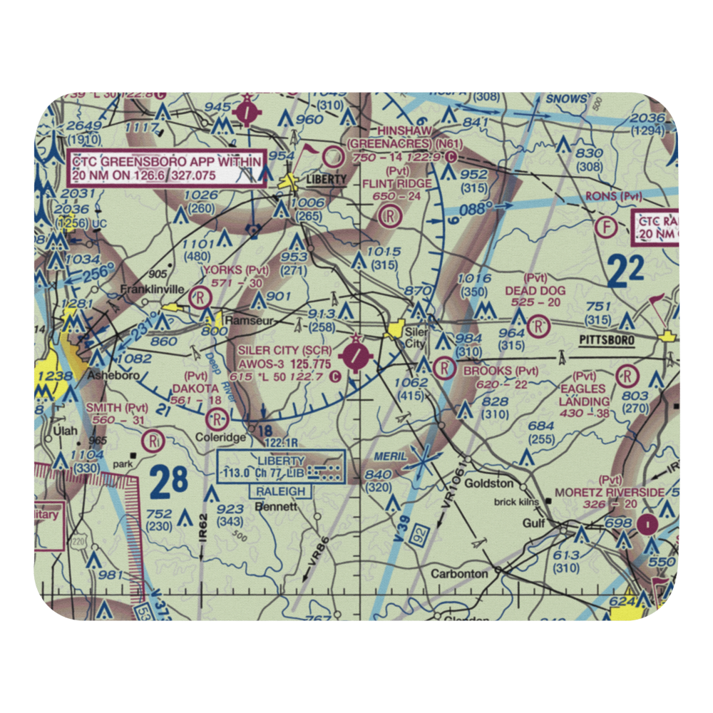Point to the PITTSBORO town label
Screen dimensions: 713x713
tap(606, 341)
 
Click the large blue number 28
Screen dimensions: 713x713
tap(169, 483)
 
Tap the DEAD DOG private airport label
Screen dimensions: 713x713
tap(535, 290)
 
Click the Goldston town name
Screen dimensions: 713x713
tap(489, 483)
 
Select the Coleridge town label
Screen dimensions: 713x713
tap(225, 437)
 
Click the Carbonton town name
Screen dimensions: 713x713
tap(460, 573)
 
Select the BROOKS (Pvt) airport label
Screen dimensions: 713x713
tap(501, 371)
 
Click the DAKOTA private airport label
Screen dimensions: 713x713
tap(194, 387)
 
